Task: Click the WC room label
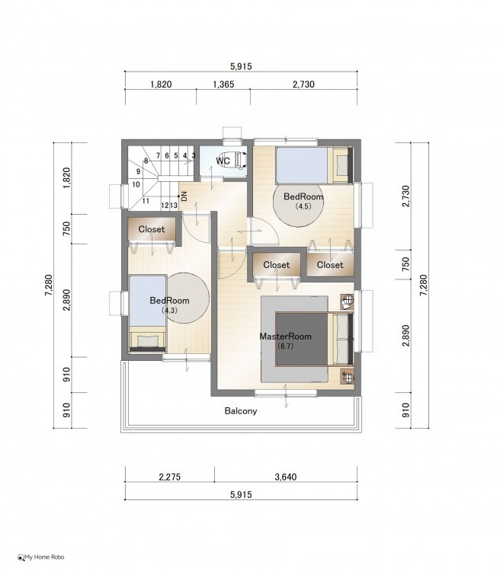click(223, 160)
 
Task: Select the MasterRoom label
click(285, 336)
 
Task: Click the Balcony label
click(241, 411)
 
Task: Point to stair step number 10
click(136, 184)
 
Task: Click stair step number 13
click(174, 206)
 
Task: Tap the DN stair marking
click(184, 196)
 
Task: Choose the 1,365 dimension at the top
click(223, 85)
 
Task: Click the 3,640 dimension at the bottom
click(286, 477)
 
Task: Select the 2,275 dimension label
click(169, 477)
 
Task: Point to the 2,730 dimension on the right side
click(405, 196)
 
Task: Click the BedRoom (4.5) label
click(303, 200)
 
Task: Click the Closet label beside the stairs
click(152, 229)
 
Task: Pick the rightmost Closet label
click(330, 265)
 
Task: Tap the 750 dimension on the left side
click(66, 228)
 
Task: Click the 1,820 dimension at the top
click(161, 85)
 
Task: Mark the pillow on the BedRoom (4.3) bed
click(148, 341)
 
